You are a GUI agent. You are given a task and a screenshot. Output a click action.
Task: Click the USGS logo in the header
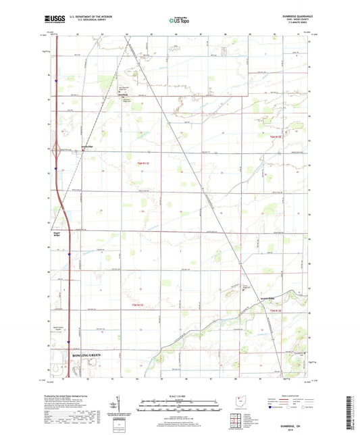click(52, 20)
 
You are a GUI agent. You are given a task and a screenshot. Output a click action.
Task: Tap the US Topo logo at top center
click(178, 20)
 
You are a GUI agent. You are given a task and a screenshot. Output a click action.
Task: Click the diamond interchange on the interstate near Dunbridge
click(58, 152)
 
